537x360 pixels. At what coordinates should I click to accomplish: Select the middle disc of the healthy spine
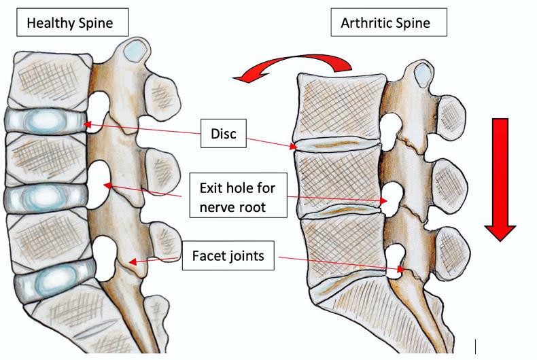[x=44, y=197]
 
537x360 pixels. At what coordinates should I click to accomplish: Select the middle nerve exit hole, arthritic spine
[x=392, y=198]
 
